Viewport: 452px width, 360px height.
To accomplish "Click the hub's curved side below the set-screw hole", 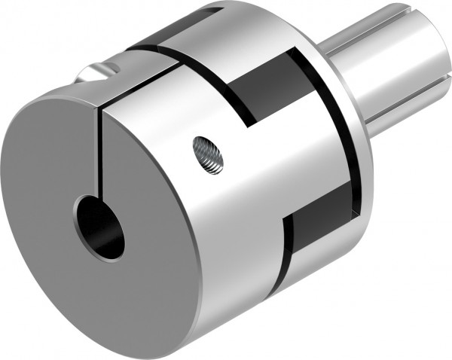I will tap(218, 226).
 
